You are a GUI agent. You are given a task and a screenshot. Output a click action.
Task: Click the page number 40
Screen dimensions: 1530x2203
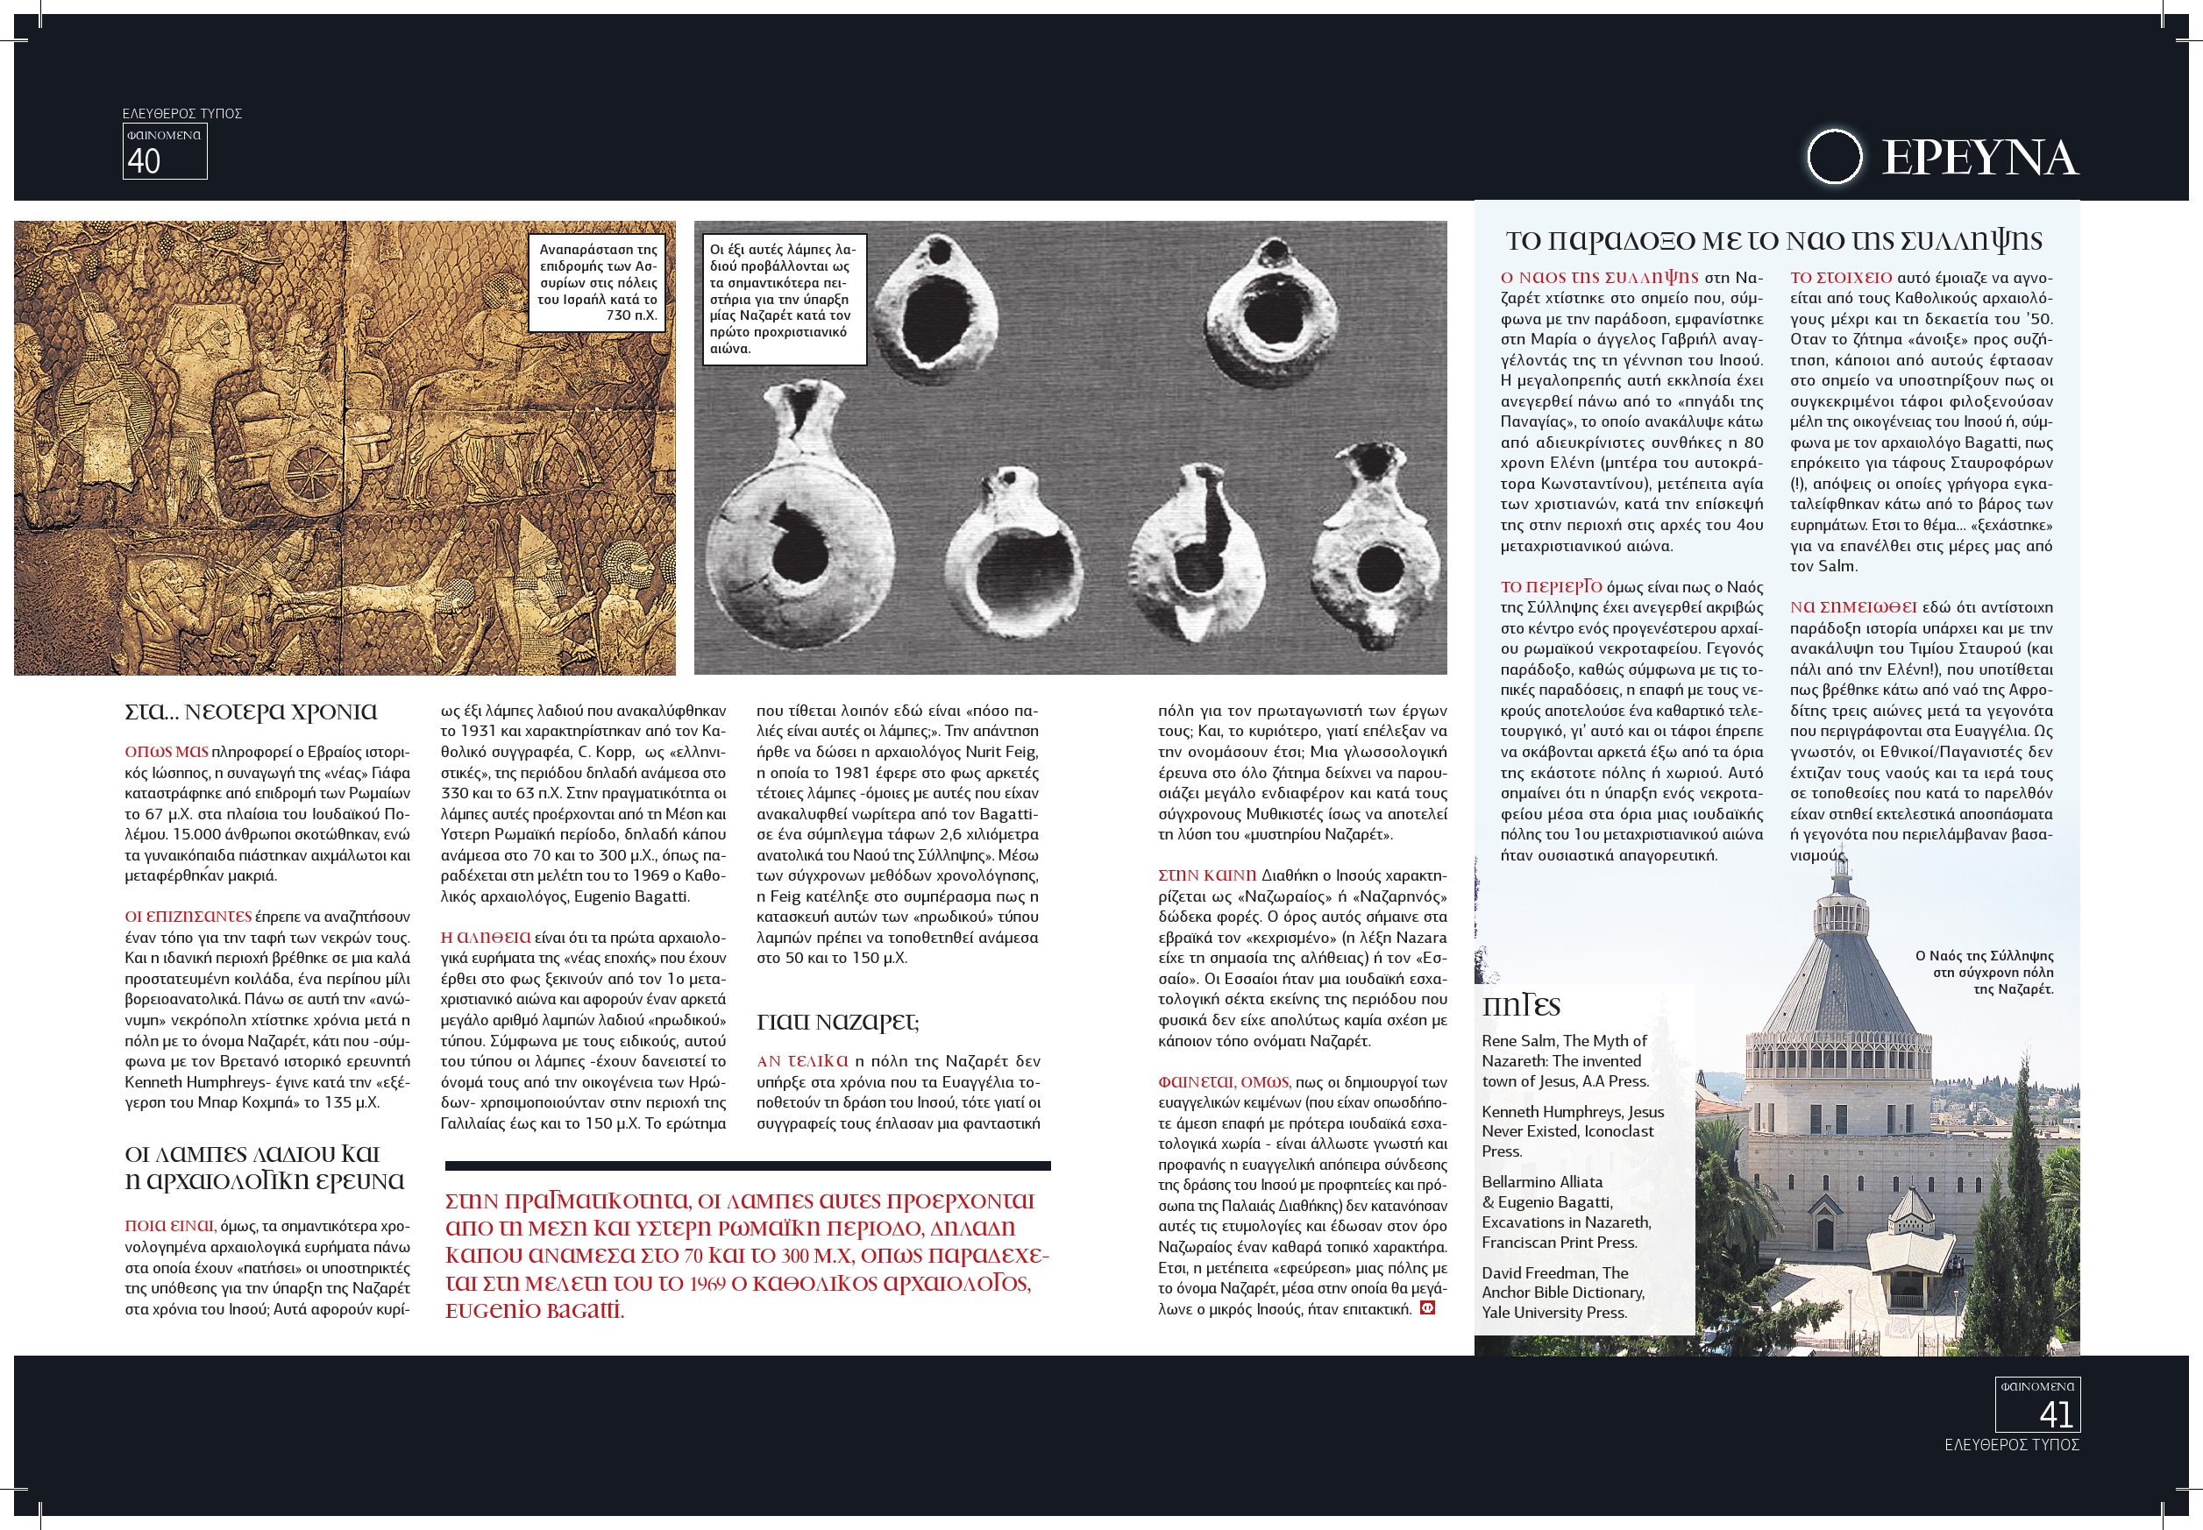pyautogui.click(x=144, y=161)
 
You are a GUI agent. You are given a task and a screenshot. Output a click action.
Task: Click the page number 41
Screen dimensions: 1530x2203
pyautogui.click(x=2057, y=1414)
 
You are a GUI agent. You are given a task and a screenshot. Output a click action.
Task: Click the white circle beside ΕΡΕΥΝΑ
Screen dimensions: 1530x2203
pyautogui.click(x=1834, y=156)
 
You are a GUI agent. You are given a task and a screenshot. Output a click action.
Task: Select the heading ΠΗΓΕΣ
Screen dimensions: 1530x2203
pyautogui.click(x=1521, y=1007)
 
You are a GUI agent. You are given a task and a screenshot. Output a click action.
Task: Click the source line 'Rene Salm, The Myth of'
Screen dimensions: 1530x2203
pyautogui.click(x=1563, y=1041)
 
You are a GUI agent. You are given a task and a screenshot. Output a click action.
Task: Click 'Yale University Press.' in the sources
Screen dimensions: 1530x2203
pyautogui.click(x=1553, y=1313)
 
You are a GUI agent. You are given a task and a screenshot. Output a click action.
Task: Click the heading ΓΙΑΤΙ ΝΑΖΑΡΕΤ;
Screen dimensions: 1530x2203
pyautogui.click(x=837, y=1022)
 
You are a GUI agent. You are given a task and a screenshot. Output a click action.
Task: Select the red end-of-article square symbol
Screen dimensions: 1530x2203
pyautogui.click(x=1427, y=1307)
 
